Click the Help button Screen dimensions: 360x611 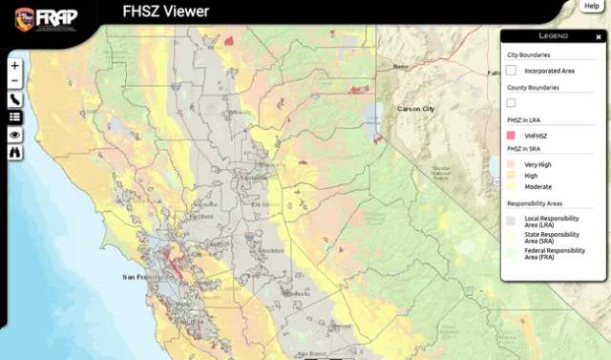point(592,6)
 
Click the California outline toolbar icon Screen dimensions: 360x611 point(14,98)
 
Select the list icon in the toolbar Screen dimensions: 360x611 point(14,116)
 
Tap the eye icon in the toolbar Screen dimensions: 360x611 point(14,135)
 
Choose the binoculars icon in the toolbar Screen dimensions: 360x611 point(14,153)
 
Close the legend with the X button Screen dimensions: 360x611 point(599,36)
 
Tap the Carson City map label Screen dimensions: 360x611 point(415,109)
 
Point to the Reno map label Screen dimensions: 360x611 point(400,67)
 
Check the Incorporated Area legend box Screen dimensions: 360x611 point(513,71)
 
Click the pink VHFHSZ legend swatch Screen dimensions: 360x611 point(513,136)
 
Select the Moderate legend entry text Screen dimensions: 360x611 point(537,187)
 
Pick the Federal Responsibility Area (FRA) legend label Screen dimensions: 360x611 point(555,253)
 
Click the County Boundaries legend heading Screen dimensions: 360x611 point(533,87)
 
